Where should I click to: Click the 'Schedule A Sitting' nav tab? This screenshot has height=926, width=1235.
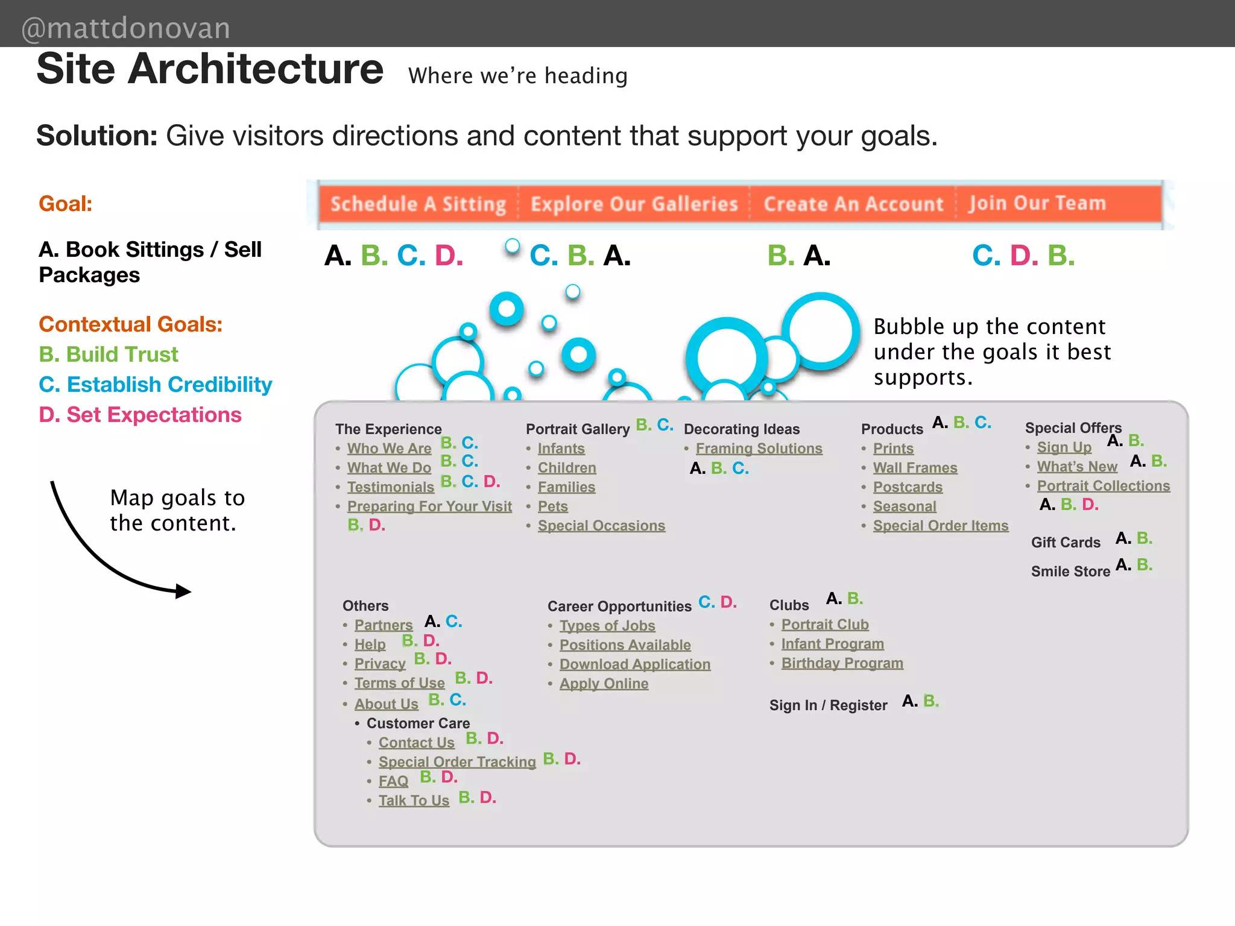coord(418,204)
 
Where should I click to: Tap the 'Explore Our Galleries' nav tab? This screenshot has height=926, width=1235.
coord(634,204)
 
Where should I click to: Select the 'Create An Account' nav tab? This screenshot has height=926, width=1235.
coord(853,204)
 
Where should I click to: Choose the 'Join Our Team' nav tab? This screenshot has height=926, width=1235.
coord(1037,203)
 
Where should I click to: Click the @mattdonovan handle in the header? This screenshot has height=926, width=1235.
coord(126,28)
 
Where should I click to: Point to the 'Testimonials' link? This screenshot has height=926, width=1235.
coord(390,487)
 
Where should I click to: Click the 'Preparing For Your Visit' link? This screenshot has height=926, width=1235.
coord(429,506)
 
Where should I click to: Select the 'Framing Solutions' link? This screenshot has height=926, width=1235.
coord(759,449)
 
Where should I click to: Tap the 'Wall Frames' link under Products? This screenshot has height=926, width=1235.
coord(915,468)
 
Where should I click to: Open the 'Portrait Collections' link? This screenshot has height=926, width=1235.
coord(1103,486)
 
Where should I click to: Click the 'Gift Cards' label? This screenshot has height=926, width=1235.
coord(1066,543)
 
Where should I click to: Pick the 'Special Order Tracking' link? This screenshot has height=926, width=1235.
coord(457,762)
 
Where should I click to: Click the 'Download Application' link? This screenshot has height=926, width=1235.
coord(635,664)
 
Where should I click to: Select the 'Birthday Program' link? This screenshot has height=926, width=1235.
coord(842,663)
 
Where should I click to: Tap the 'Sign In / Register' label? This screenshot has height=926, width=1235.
coord(828,705)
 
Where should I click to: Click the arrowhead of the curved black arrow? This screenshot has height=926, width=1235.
coord(183,591)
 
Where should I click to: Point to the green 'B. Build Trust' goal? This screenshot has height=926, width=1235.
coord(109,354)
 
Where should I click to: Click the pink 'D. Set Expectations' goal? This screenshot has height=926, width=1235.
coord(140,415)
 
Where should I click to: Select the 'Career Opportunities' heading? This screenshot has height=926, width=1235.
coord(619,606)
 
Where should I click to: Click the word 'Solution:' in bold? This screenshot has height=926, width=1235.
coord(97,136)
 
